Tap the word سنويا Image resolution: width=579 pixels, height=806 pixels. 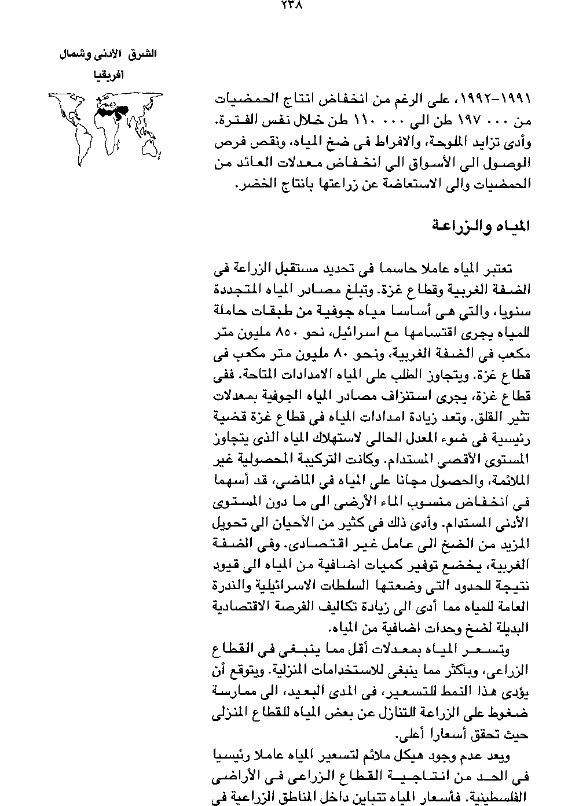coord(515,312)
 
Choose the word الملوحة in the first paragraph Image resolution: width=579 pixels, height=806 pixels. coord(450,142)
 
